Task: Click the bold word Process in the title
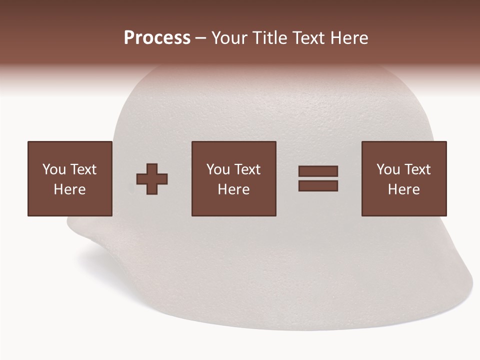157,38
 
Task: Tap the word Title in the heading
269,38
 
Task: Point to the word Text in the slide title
308,38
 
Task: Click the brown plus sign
152,179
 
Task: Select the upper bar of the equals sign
318,171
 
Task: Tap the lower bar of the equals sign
318,186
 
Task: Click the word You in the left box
54,169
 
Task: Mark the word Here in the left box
69,189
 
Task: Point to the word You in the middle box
218,169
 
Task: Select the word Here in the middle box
233,189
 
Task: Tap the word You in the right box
388,169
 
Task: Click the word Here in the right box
403,189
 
